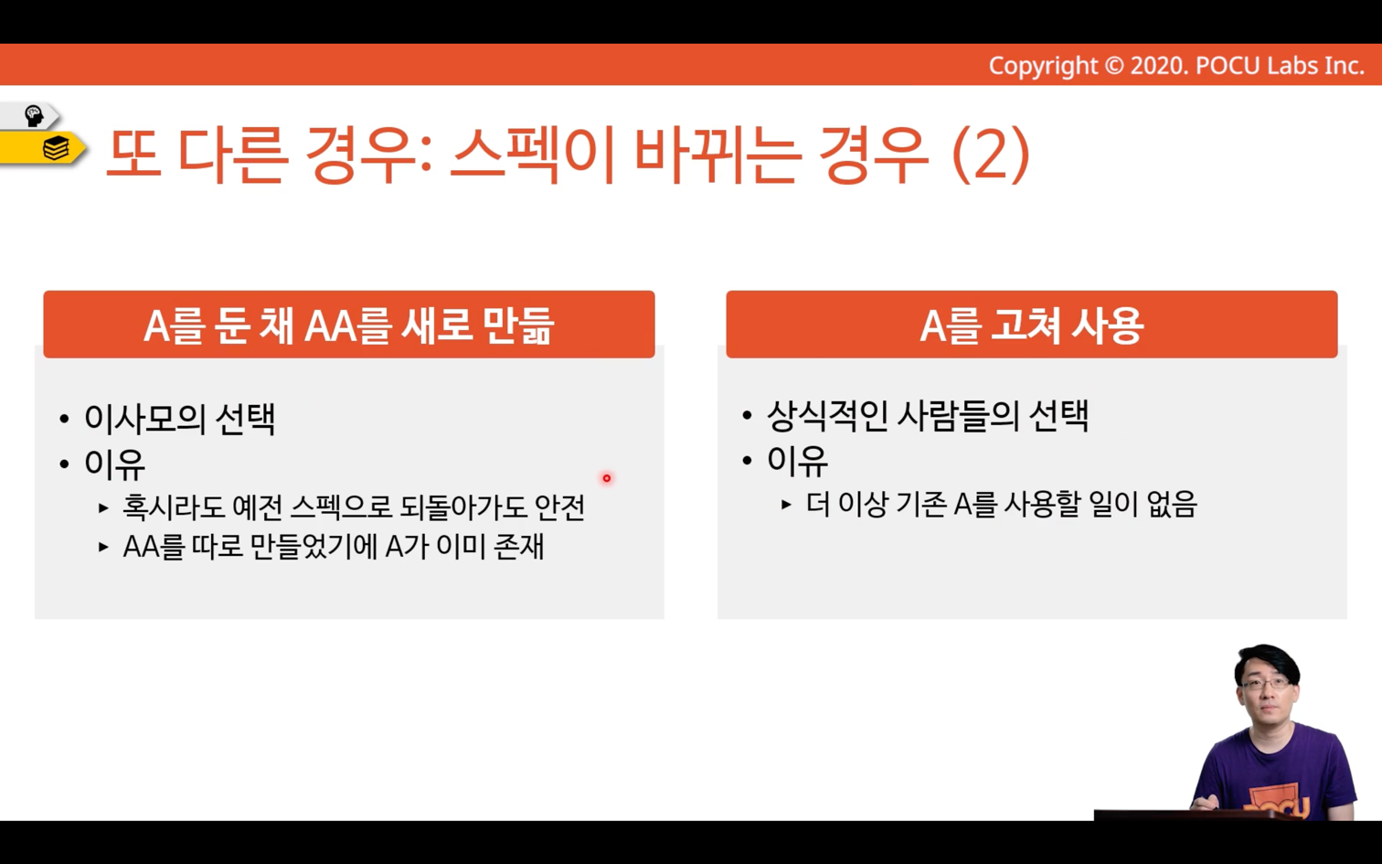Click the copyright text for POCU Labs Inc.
1176,66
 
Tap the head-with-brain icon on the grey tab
33,115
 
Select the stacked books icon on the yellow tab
56,148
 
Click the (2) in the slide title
992,155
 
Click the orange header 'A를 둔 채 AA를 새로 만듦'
348,325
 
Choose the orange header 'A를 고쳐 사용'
1032,325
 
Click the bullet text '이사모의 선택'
179,419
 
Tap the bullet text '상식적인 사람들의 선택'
928,415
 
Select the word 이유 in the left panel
115,464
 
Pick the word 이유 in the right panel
797,461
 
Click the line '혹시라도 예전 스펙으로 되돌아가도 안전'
354,507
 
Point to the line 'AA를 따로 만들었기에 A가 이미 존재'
333,546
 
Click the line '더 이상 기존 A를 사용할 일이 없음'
1002,504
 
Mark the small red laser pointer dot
607,477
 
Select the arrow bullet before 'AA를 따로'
103,547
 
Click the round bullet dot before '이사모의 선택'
64,420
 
